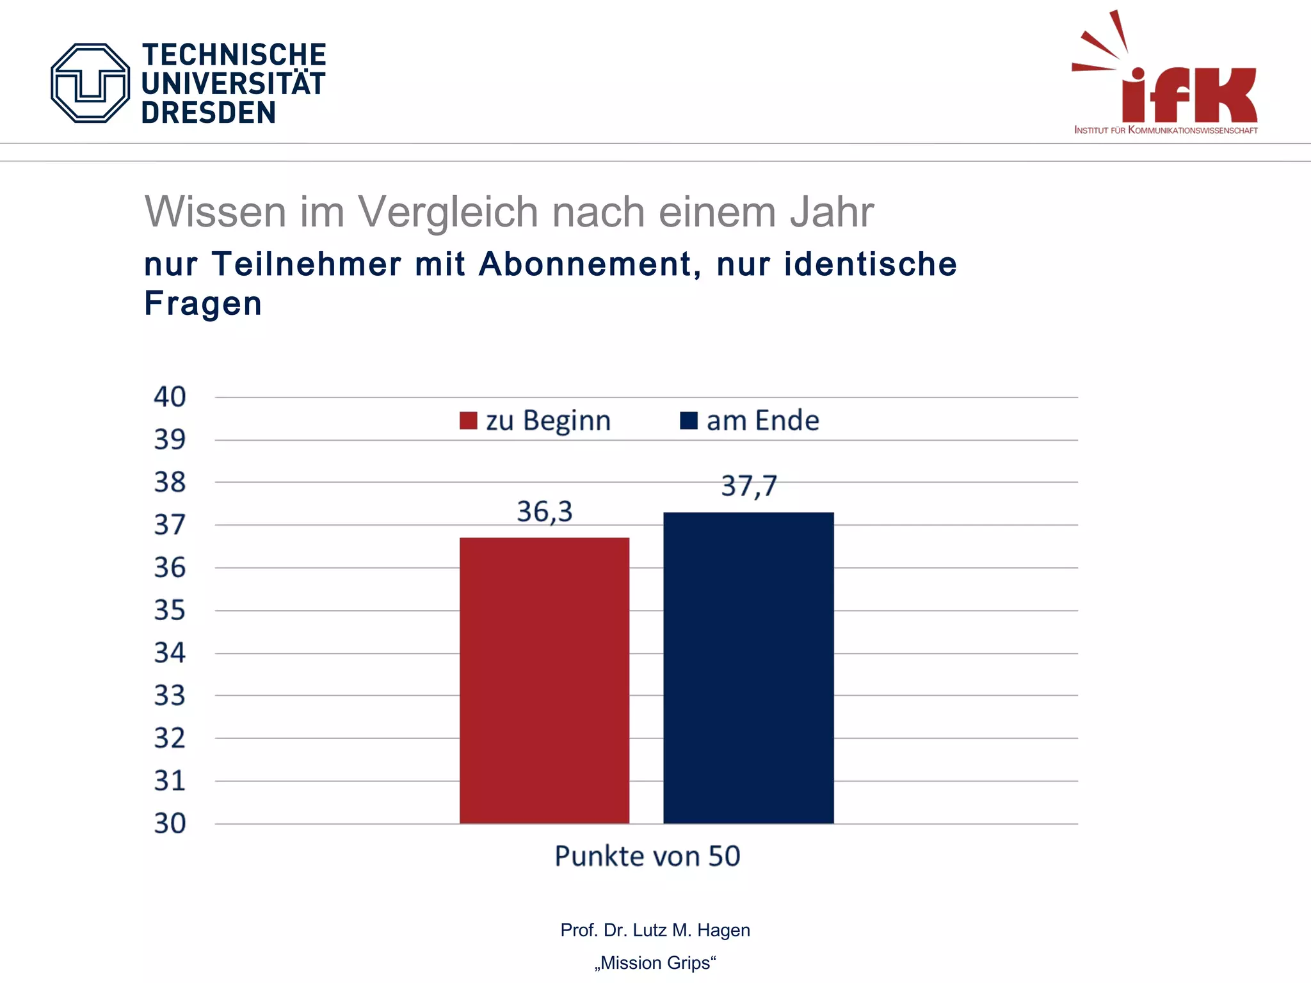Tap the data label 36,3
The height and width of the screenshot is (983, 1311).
[544, 512]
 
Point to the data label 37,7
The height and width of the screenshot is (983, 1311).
[748, 486]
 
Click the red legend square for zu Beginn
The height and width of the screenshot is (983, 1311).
[469, 421]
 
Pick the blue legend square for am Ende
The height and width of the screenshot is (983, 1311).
[689, 421]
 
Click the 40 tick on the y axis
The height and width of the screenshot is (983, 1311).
[170, 397]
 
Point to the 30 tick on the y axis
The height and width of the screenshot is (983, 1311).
[170, 823]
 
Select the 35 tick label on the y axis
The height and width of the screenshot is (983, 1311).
[170, 610]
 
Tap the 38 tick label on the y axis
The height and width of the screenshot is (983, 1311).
[170, 482]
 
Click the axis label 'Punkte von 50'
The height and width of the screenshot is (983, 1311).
[647, 856]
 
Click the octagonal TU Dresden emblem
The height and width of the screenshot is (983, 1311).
[90, 83]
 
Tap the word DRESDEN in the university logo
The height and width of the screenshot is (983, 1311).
[209, 113]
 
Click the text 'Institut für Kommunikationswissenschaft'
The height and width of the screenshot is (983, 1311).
[1166, 130]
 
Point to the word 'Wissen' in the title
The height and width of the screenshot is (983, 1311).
[215, 212]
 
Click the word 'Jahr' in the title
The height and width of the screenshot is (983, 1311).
[832, 212]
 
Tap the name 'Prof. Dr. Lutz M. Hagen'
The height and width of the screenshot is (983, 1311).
[655, 930]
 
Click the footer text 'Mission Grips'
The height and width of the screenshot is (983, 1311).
[655, 963]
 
